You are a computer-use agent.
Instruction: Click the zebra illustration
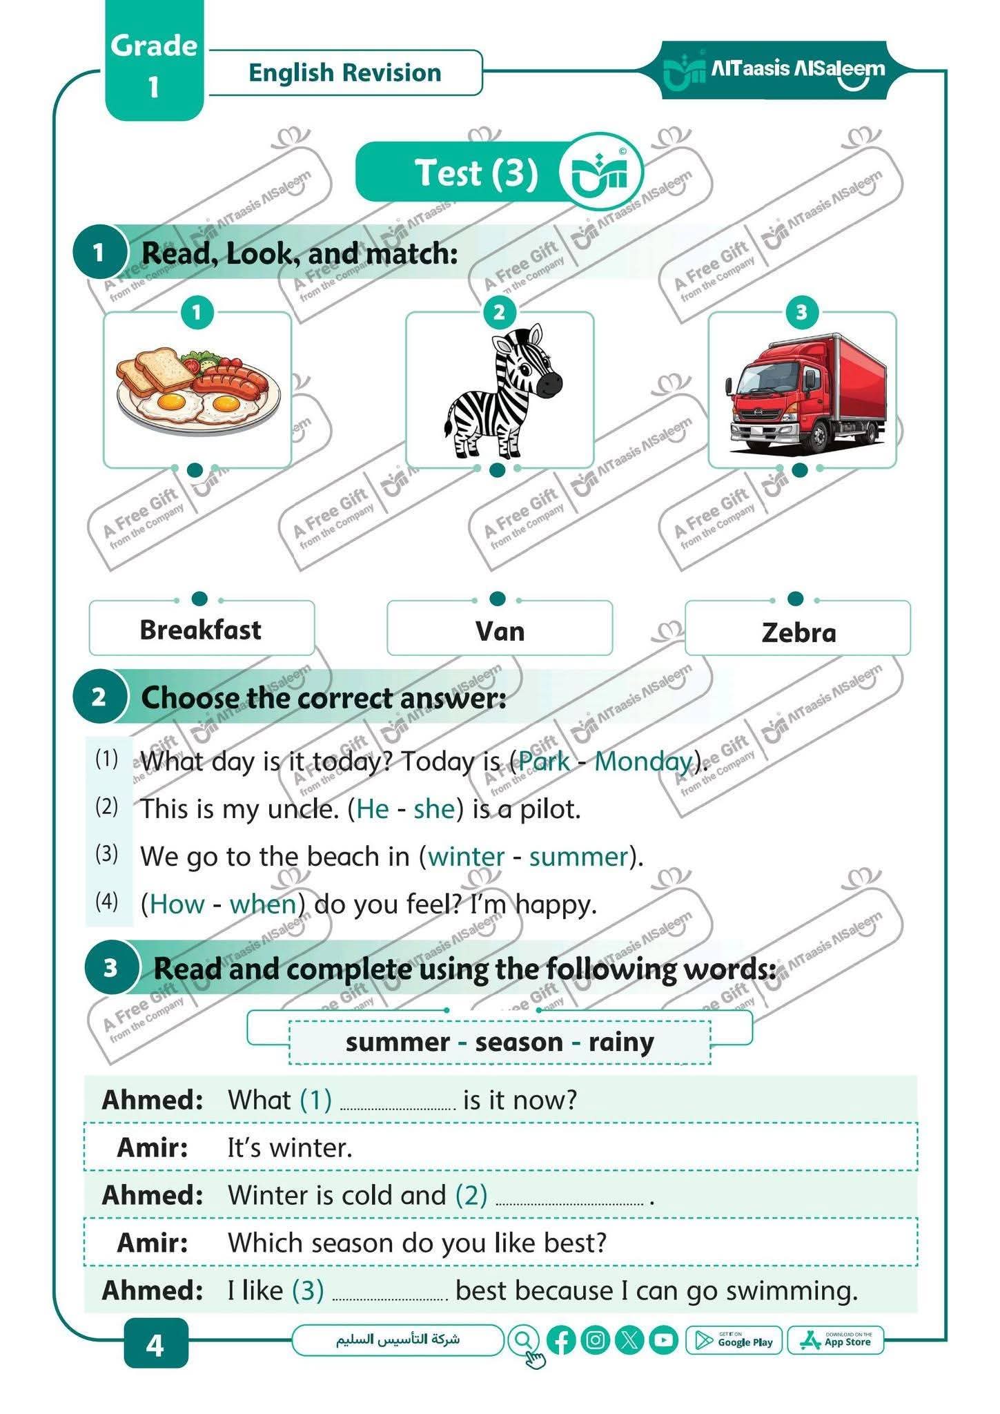[502, 393]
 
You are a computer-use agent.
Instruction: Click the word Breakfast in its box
[201, 630]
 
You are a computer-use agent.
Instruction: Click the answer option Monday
[643, 762]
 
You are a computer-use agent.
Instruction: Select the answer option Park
[544, 762]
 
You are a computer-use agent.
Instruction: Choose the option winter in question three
[467, 857]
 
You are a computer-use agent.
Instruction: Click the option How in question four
[177, 904]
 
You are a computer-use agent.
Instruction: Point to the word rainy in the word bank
[621, 1042]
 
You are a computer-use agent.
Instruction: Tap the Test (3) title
[476, 173]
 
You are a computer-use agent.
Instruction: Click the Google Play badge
[734, 1341]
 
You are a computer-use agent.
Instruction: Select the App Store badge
[836, 1341]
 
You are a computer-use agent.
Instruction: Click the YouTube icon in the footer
[663, 1341]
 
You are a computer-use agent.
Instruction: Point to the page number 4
[155, 1344]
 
